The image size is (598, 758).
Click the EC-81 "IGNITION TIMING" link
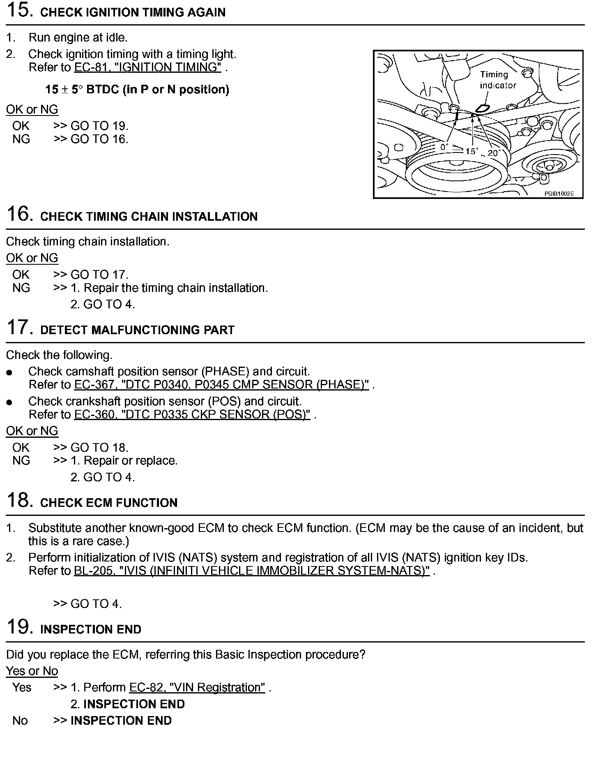[x=147, y=67]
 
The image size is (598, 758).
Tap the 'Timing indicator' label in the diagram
[x=497, y=80]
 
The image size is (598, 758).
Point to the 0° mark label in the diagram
[x=444, y=147]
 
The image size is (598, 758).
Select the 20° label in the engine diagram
[x=493, y=153]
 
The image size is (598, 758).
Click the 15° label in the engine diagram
[x=471, y=151]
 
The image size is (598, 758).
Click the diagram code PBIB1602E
[x=559, y=194]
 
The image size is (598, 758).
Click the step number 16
[x=19, y=214]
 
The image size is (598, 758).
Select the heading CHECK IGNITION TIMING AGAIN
[x=133, y=12]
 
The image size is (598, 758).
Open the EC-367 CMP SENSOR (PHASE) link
[x=221, y=385]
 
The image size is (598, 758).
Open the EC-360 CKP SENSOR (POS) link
[x=192, y=414]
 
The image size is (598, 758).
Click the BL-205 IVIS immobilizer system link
[x=251, y=571]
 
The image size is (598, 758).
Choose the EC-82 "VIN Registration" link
[x=197, y=687]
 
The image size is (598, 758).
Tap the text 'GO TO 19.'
[x=99, y=126]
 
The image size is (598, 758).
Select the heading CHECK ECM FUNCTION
[x=109, y=503]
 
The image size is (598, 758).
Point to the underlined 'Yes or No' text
[x=32, y=671]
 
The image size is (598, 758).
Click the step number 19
[x=19, y=627]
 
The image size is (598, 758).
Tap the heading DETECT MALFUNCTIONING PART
[x=137, y=330]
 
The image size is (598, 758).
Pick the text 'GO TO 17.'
[x=99, y=275]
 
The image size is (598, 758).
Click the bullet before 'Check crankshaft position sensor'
[x=9, y=402]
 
